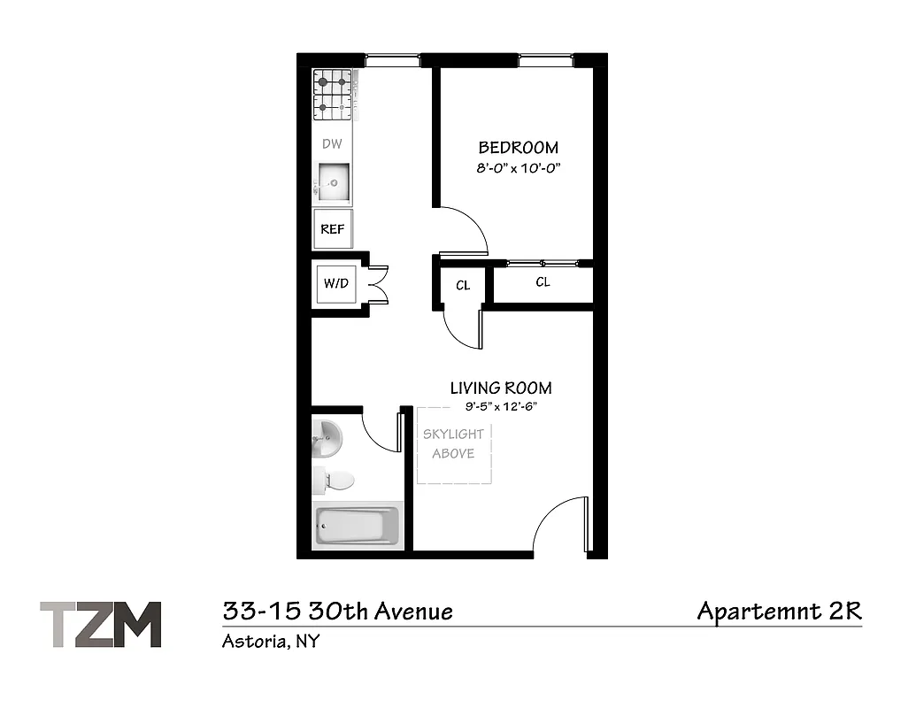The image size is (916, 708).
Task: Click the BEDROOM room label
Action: (x=518, y=148)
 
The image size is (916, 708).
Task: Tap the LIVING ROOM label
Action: (x=500, y=388)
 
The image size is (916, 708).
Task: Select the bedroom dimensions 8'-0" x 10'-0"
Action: (x=518, y=166)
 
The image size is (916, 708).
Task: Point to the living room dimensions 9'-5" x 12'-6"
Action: (x=501, y=406)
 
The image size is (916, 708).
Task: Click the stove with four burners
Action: (x=333, y=96)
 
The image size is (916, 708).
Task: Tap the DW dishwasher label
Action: (x=332, y=143)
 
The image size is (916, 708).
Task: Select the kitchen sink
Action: (x=333, y=182)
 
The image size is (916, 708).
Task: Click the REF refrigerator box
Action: (x=332, y=228)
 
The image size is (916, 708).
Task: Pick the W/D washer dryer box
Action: (x=335, y=284)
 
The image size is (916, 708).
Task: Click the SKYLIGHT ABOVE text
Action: (x=453, y=444)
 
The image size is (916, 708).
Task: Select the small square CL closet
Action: (x=462, y=286)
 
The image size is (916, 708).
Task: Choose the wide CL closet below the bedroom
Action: (x=543, y=282)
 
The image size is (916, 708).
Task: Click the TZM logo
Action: (x=101, y=624)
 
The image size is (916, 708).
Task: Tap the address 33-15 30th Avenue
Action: (x=337, y=611)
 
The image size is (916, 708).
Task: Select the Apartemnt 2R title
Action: (x=779, y=611)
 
